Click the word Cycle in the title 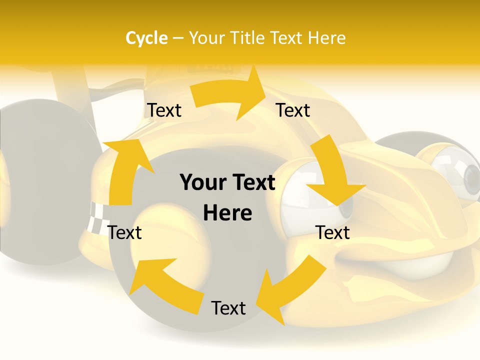[146, 38]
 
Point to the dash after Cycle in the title [178, 38]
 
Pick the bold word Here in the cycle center [227, 213]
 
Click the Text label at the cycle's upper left [164, 110]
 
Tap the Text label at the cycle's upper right [293, 110]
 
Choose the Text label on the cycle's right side [332, 232]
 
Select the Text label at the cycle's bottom [228, 308]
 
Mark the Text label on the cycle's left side [124, 232]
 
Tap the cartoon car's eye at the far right [467, 172]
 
